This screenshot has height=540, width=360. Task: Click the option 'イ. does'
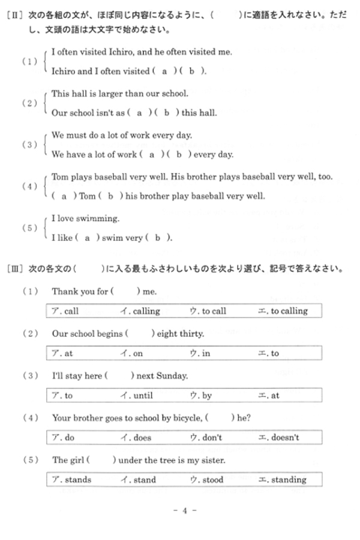pyautogui.click(x=136, y=437)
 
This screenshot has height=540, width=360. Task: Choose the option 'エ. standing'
pyautogui.click(x=282, y=479)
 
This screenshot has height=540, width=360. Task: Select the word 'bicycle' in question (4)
pyautogui.click(x=187, y=418)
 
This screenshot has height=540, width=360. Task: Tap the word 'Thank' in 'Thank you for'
pyautogui.click(x=64, y=292)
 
